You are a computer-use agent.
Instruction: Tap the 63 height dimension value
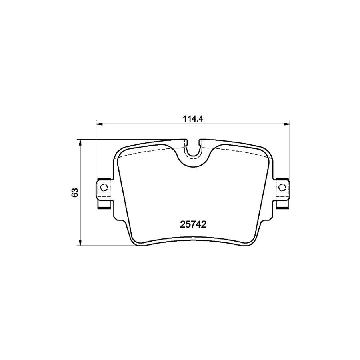coord(74,192)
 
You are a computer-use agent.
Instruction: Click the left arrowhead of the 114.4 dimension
coord(98,124)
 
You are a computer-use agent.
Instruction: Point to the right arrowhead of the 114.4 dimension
coord(286,124)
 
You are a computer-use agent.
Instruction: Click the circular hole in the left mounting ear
coord(103,187)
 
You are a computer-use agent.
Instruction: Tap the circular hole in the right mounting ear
coord(282,187)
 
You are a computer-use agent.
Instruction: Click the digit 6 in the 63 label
coord(74,194)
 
